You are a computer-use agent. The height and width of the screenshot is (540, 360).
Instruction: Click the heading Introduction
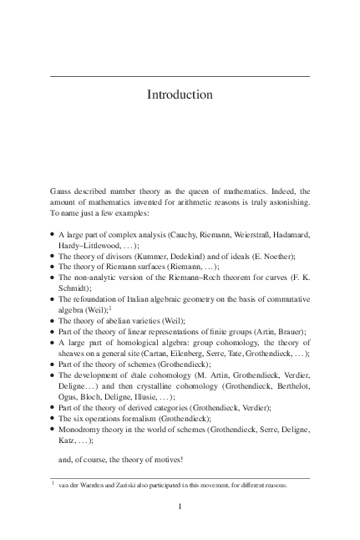pos(180,94)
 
